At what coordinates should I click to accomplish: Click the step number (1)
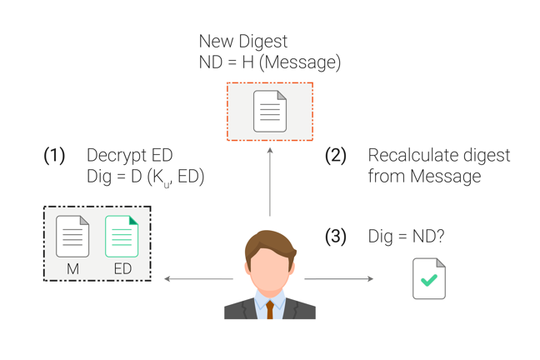point(54,156)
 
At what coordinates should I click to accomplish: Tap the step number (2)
point(336,156)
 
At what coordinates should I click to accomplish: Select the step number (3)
point(336,237)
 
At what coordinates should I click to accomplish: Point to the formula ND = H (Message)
point(269,62)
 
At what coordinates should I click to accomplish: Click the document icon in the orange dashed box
point(269,111)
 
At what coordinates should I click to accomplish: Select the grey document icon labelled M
point(72,236)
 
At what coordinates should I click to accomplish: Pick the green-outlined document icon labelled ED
point(122,236)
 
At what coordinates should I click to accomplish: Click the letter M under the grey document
point(72,269)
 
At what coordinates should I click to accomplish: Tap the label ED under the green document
point(122,269)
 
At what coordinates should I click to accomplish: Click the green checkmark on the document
point(429,282)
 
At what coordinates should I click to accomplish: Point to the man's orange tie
point(270,309)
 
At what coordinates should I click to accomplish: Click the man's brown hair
point(270,240)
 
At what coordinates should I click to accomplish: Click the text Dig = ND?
point(406,237)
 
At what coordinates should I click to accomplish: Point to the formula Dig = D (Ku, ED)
point(146,177)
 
